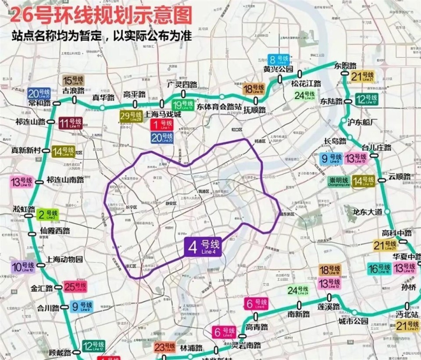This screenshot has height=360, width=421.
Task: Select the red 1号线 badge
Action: tap(162, 125)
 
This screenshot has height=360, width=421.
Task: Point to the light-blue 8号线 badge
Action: tap(279, 59)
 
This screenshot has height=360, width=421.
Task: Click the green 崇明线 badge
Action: tap(339, 181)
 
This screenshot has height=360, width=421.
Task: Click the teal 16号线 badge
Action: tap(379, 268)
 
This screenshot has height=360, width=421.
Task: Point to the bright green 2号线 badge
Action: tap(47, 214)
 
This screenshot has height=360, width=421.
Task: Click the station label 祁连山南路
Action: tap(65, 180)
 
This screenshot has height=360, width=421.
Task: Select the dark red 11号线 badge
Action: tap(71, 123)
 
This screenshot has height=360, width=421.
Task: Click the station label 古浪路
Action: tap(73, 91)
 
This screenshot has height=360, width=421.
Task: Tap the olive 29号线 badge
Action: tap(131, 116)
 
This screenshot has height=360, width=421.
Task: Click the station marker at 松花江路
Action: tap(300, 73)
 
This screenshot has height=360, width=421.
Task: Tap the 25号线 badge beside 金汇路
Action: tap(75, 287)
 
